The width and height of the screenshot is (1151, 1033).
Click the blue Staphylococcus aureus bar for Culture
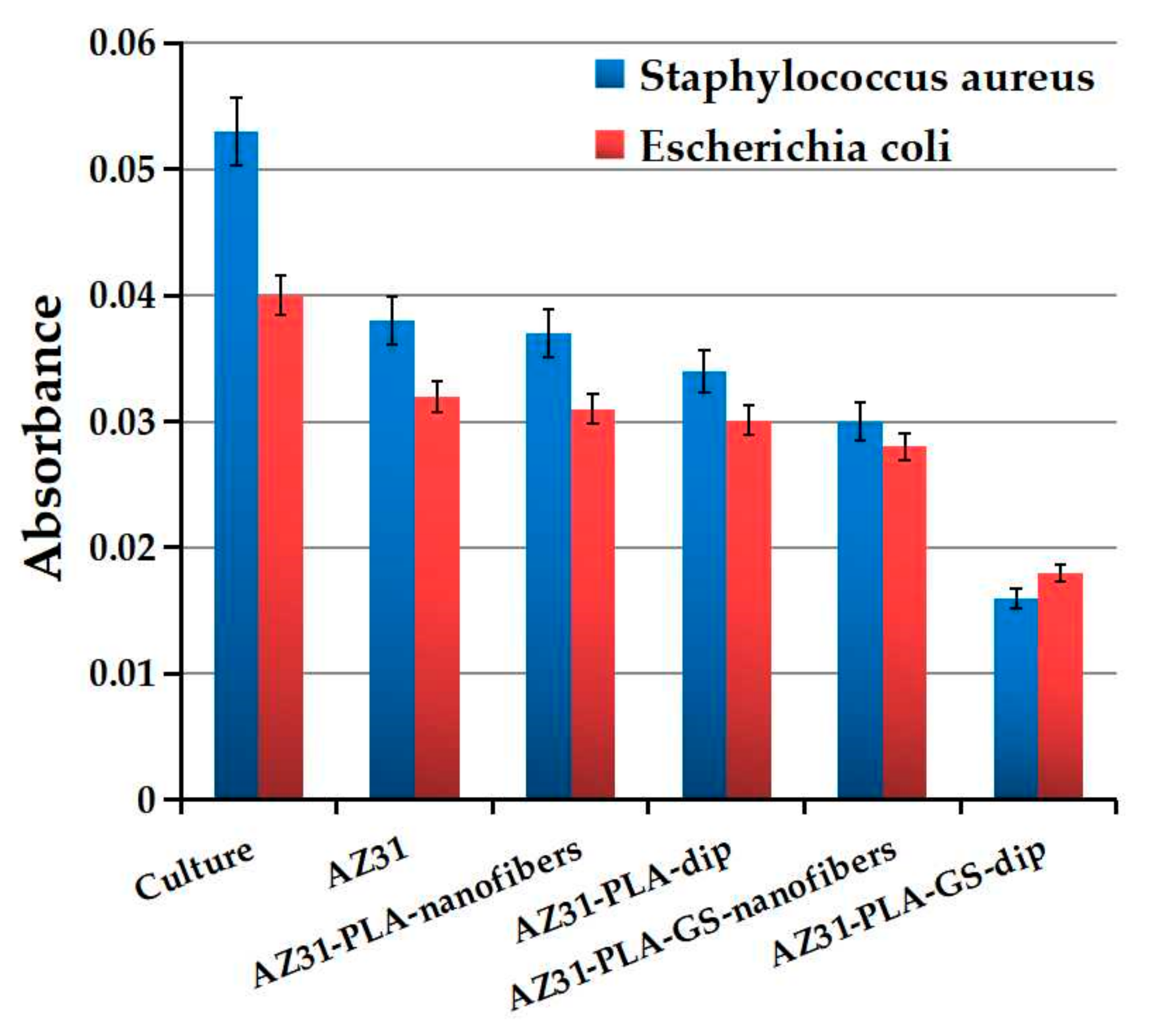click(236, 465)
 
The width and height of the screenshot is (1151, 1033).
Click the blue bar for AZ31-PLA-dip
click(704, 584)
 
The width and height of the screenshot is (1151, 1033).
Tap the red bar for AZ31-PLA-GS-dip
click(1059, 687)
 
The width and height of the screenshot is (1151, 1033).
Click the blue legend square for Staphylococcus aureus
click(610, 74)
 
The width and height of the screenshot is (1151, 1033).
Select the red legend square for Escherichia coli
click(610, 145)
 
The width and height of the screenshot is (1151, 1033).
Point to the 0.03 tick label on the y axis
click(122, 423)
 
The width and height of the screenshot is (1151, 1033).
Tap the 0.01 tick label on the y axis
click(122, 674)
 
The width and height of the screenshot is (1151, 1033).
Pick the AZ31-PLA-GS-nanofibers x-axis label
click(704, 931)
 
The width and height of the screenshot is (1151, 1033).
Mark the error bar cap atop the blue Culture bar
click(236, 98)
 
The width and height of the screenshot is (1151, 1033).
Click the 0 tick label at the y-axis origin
click(146, 801)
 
